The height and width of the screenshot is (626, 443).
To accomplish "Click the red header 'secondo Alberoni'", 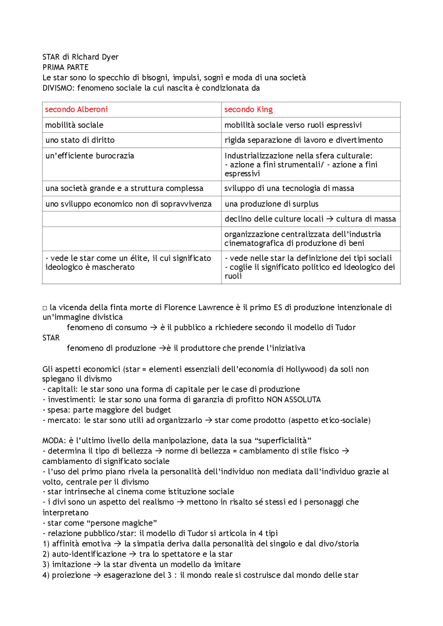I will point(76,110).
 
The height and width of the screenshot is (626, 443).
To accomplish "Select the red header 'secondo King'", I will point(248,110).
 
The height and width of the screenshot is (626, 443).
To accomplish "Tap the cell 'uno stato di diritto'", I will point(80,140).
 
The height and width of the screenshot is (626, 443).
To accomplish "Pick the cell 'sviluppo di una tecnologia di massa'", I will point(289,188).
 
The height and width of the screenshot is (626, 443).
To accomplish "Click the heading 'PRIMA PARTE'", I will point(65,67).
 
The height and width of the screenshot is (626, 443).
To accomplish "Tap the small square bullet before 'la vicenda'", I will point(45,308).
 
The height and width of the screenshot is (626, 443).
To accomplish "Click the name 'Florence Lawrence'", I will point(198,307).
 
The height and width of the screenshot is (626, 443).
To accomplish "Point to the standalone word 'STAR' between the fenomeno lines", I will point(51,338).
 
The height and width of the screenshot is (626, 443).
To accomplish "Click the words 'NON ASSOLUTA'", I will point(293,400).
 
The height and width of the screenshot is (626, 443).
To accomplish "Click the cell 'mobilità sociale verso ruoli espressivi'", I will point(293,125).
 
